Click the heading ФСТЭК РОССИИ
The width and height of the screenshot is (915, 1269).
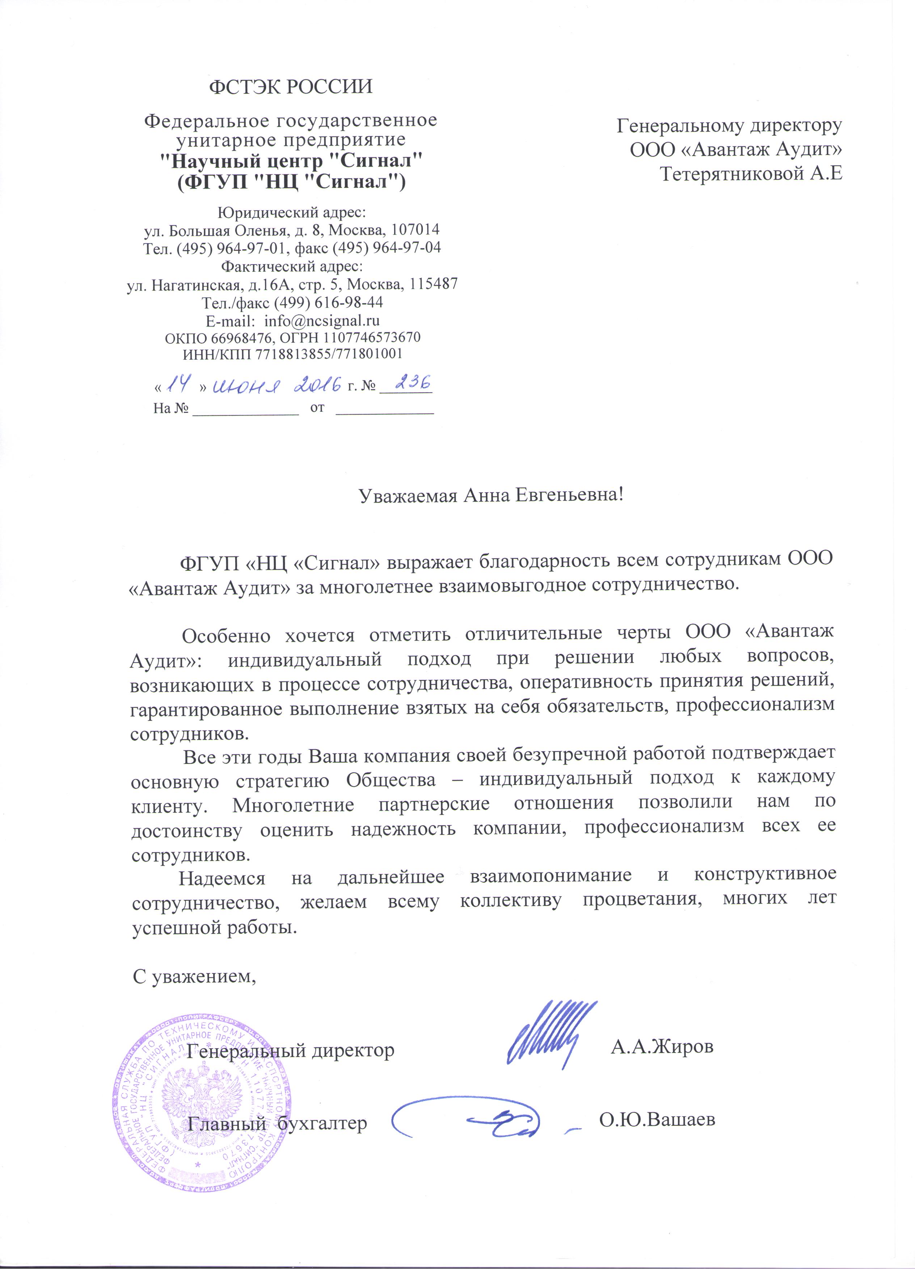(x=290, y=87)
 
